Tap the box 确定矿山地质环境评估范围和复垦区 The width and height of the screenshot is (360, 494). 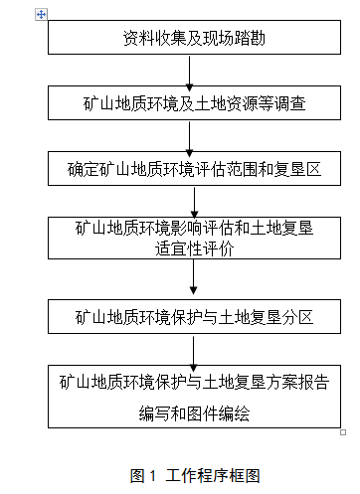coord(194,167)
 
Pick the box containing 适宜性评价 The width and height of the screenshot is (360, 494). coord(194,240)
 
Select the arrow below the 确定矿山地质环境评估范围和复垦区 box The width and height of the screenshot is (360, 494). coord(194,200)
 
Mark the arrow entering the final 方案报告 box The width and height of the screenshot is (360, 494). coord(194,352)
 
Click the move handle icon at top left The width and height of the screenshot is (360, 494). coord(41,14)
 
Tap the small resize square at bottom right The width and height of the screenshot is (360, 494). coord(343,431)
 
